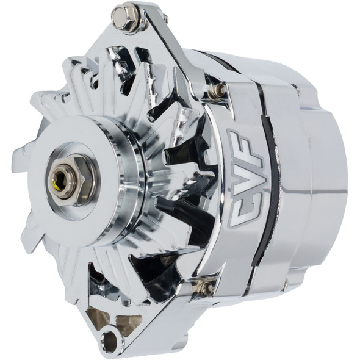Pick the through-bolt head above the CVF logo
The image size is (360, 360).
point(218,90)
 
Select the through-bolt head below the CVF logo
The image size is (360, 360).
point(206,284)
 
